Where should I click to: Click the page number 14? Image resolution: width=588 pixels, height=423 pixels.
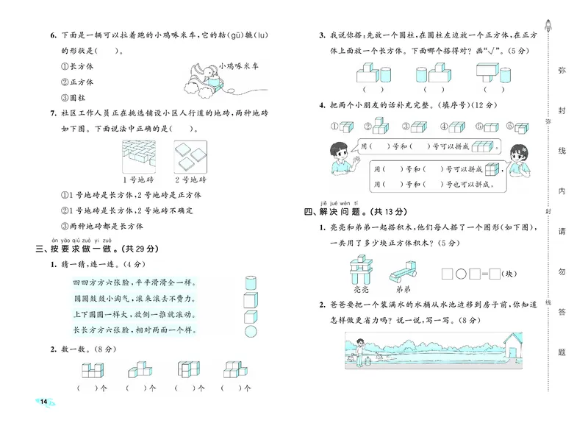click(x=43, y=401)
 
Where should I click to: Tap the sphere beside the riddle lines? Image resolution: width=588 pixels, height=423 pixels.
click(x=250, y=335)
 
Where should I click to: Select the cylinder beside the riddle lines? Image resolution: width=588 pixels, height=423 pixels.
click(x=250, y=282)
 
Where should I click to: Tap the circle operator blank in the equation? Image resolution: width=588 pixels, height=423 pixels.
click(x=462, y=274)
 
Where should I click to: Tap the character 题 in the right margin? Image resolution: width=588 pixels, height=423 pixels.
click(x=562, y=352)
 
